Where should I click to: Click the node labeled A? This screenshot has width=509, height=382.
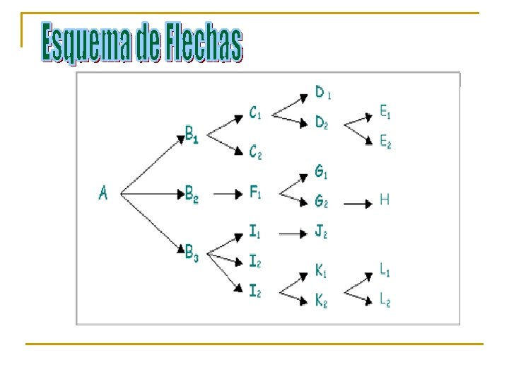point(103,192)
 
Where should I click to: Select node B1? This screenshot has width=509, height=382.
point(192,134)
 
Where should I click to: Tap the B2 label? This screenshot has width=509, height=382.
point(192,194)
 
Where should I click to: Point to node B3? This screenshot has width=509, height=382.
point(192,253)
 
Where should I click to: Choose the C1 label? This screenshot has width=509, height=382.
point(256,113)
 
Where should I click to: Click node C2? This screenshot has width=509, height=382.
point(256,152)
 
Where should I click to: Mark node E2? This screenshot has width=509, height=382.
point(385,142)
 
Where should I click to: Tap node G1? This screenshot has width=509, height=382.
point(322,171)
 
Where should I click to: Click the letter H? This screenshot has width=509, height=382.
point(385,200)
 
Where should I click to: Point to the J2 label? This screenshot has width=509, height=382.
point(322,231)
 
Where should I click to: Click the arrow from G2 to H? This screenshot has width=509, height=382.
point(357,204)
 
